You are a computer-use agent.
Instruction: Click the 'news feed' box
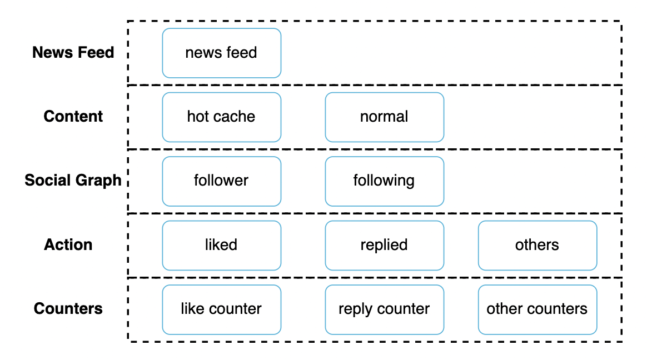[x=221, y=53]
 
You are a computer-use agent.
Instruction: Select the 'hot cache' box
[x=221, y=117]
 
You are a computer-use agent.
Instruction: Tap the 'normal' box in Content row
[x=384, y=117]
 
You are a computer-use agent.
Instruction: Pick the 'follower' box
[x=221, y=181]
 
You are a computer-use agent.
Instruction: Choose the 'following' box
[x=384, y=181]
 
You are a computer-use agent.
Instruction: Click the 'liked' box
[x=221, y=245]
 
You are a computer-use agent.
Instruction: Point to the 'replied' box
[x=384, y=245]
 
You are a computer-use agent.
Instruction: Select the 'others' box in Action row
[x=537, y=245]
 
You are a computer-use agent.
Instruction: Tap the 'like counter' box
[x=221, y=309]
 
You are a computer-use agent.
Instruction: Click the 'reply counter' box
[x=384, y=309]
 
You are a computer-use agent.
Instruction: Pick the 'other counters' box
[x=537, y=309]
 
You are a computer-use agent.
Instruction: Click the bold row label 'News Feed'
[x=73, y=53]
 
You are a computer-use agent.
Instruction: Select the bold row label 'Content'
[x=73, y=117]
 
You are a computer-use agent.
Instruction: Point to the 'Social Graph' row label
[x=73, y=181]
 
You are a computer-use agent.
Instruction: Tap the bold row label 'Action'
[x=68, y=245]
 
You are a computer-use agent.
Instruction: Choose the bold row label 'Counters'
[x=68, y=309]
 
